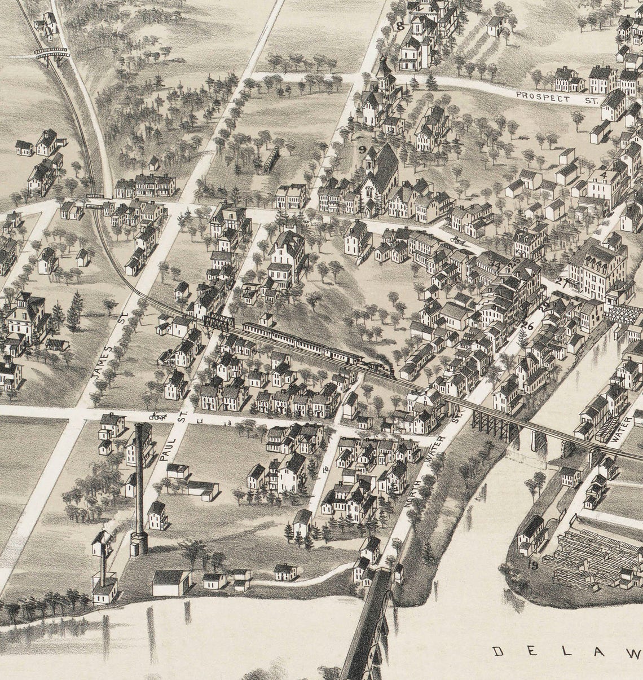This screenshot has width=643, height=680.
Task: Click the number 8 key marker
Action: click(x=400, y=25)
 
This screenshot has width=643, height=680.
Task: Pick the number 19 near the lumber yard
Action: click(x=531, y=564)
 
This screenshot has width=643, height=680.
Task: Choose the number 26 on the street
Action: click(x=528, y=325)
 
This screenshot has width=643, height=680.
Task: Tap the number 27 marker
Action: click(x=560, y=282)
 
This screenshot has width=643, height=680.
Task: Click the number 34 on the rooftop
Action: click(x=496, y=263)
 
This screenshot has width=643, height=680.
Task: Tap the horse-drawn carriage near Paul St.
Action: click(x=156, y=417)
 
